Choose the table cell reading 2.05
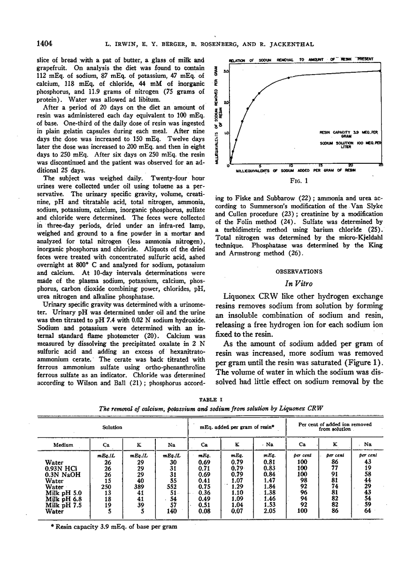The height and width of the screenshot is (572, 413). [269, 511]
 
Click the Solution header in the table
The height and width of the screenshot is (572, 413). [113, 427]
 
